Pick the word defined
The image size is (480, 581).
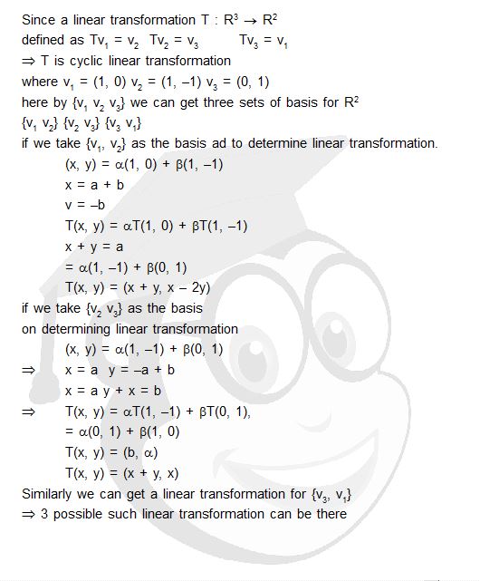pos(46,40)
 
